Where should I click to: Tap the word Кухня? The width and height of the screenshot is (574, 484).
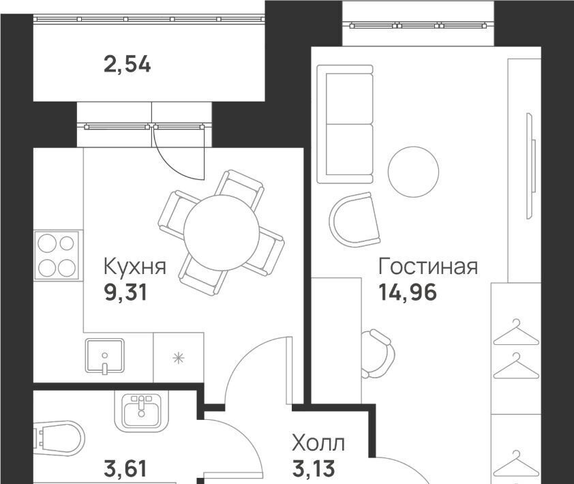135,266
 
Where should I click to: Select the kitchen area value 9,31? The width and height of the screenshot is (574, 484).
125,293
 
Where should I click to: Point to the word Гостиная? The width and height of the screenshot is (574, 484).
428,266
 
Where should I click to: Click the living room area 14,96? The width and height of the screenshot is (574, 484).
408,293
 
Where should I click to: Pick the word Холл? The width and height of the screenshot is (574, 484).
318,443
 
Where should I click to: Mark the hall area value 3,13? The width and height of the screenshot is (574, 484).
314,469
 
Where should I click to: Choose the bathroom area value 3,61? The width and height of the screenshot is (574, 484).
125,469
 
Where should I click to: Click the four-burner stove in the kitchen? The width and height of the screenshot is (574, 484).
57,256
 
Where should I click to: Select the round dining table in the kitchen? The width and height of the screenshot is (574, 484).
222,232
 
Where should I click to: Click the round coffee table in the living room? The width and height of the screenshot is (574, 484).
413,172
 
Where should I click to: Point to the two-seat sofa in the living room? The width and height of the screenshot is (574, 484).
345,124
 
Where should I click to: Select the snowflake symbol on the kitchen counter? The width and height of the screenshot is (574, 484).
179,358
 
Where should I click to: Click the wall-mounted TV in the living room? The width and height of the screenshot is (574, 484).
530,166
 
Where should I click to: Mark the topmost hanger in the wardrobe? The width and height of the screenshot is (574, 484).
516,333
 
